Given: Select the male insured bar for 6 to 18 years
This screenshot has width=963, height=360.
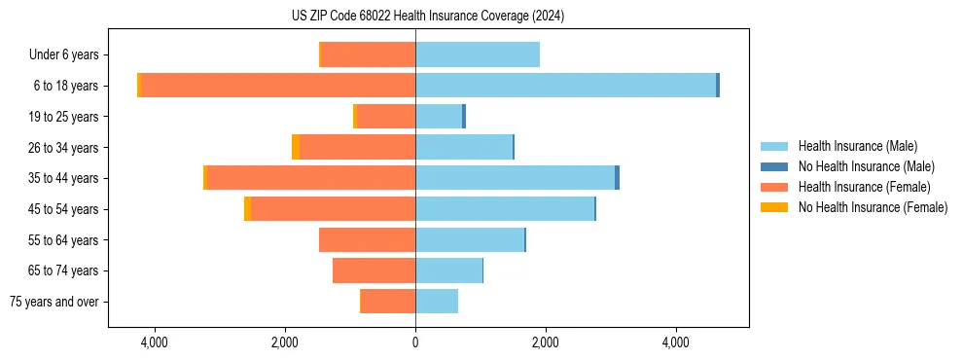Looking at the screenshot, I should coord(565,86).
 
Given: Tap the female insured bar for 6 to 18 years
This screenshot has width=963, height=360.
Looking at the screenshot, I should coord(278,86).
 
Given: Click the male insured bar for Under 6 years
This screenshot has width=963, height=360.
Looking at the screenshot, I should coord(477,54).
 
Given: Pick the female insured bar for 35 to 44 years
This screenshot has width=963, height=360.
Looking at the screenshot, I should coord(311,178).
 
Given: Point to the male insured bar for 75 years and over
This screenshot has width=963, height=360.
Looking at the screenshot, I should coord(436,302).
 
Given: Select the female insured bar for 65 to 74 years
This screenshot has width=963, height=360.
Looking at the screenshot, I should coord(374,270).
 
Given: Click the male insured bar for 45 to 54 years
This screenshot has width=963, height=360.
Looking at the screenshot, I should coord(504,209).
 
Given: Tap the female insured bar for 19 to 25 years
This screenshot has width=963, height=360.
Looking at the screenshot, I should coord(386,117).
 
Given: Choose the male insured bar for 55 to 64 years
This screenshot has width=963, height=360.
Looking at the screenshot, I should coord(469,239).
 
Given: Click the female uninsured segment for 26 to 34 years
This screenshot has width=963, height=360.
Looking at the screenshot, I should coord(296,147).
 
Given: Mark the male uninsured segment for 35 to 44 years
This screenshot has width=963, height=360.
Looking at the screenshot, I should coord(617,178).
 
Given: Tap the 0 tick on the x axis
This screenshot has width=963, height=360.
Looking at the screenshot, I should coord(415,343).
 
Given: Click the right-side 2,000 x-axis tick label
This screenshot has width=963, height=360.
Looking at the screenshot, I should coord(545,343).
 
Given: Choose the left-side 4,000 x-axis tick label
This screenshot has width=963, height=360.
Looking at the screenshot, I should coord(155,343).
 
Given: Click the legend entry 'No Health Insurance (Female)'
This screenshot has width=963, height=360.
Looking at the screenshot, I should coord(873,207).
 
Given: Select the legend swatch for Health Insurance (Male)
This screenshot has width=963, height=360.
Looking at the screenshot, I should coord(775,146).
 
